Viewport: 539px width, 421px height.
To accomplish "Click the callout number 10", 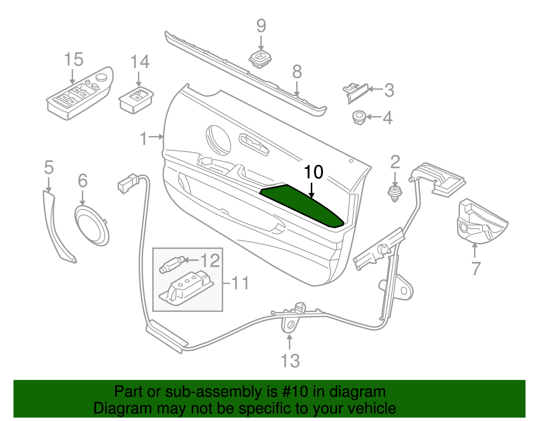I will click(x=313, y=172).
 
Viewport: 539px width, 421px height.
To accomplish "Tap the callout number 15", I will click(x=73, y=60).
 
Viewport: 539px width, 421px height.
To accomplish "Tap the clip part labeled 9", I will click(x=260, y=60).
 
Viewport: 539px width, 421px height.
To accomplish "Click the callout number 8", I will click(x=296, y=72).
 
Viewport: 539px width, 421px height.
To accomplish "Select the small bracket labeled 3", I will click(x=355, y=91).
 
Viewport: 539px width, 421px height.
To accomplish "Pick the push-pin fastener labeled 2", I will click(x=395, y=193).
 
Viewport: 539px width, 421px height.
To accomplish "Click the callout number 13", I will click(x=290, y=361).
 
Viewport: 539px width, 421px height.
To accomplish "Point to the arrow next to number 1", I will click(x=157, y=137).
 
